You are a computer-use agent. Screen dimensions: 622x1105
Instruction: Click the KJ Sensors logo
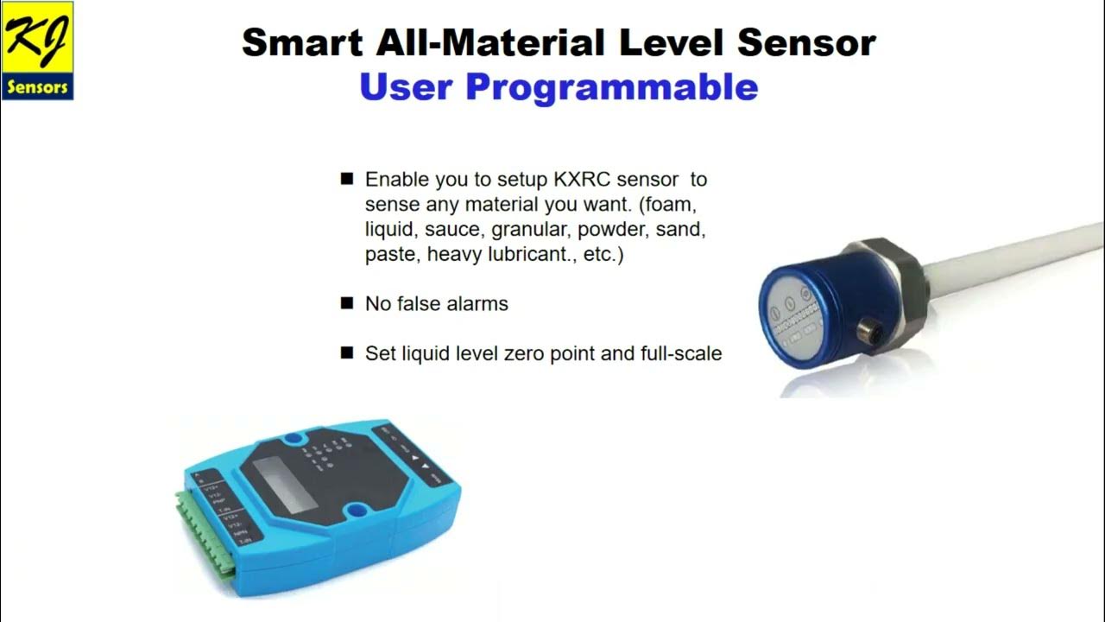click(37, 50)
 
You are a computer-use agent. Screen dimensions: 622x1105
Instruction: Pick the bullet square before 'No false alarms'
click(347, 303)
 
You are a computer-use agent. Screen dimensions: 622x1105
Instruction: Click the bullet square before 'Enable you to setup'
click(347, 179)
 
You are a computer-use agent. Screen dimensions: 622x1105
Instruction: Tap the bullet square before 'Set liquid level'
click(347, 352)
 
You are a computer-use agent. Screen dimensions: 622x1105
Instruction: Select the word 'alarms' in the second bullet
click(477, 304)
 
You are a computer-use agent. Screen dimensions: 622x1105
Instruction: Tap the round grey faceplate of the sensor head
click(798, 317)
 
